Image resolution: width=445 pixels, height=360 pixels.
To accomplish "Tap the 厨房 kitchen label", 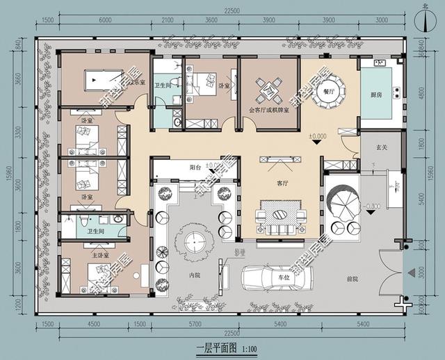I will point(376,95).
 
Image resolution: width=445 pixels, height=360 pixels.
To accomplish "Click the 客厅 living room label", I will point(283,184).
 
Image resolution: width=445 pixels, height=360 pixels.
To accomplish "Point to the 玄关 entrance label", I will point(381,147).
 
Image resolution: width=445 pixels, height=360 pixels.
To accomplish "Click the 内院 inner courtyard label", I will point(195,275).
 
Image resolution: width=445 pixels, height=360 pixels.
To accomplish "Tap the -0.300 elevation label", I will point(373,206).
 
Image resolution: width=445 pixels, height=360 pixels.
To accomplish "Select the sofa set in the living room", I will point(281,216).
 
